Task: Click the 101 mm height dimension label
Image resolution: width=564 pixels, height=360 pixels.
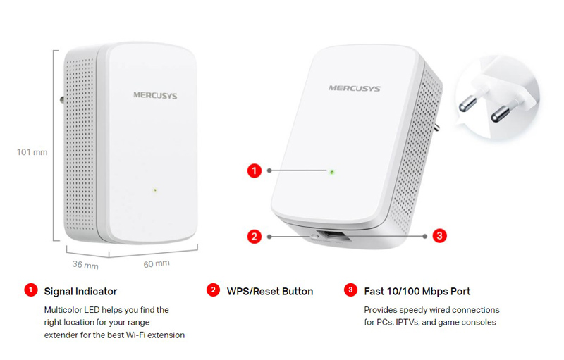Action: coord(32,151)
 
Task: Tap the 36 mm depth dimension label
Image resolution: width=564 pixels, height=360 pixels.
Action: coord(85,266)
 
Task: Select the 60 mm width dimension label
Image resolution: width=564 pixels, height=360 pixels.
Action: coord(157,263)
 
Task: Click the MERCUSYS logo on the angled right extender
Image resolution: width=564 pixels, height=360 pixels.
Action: coord(354,89)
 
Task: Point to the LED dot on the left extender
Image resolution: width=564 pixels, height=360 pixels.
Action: coord(154,189)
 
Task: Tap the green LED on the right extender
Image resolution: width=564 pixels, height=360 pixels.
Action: coord(331,171)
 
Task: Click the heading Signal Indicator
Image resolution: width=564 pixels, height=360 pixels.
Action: coord(80,291)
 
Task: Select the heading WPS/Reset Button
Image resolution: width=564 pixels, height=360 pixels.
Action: coord(270,291)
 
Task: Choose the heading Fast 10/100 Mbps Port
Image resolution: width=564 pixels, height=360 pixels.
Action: coord(417,291)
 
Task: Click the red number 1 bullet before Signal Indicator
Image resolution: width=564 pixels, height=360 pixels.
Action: coord(30,290)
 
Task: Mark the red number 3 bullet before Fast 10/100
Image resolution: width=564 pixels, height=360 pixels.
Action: coord(350,290)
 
